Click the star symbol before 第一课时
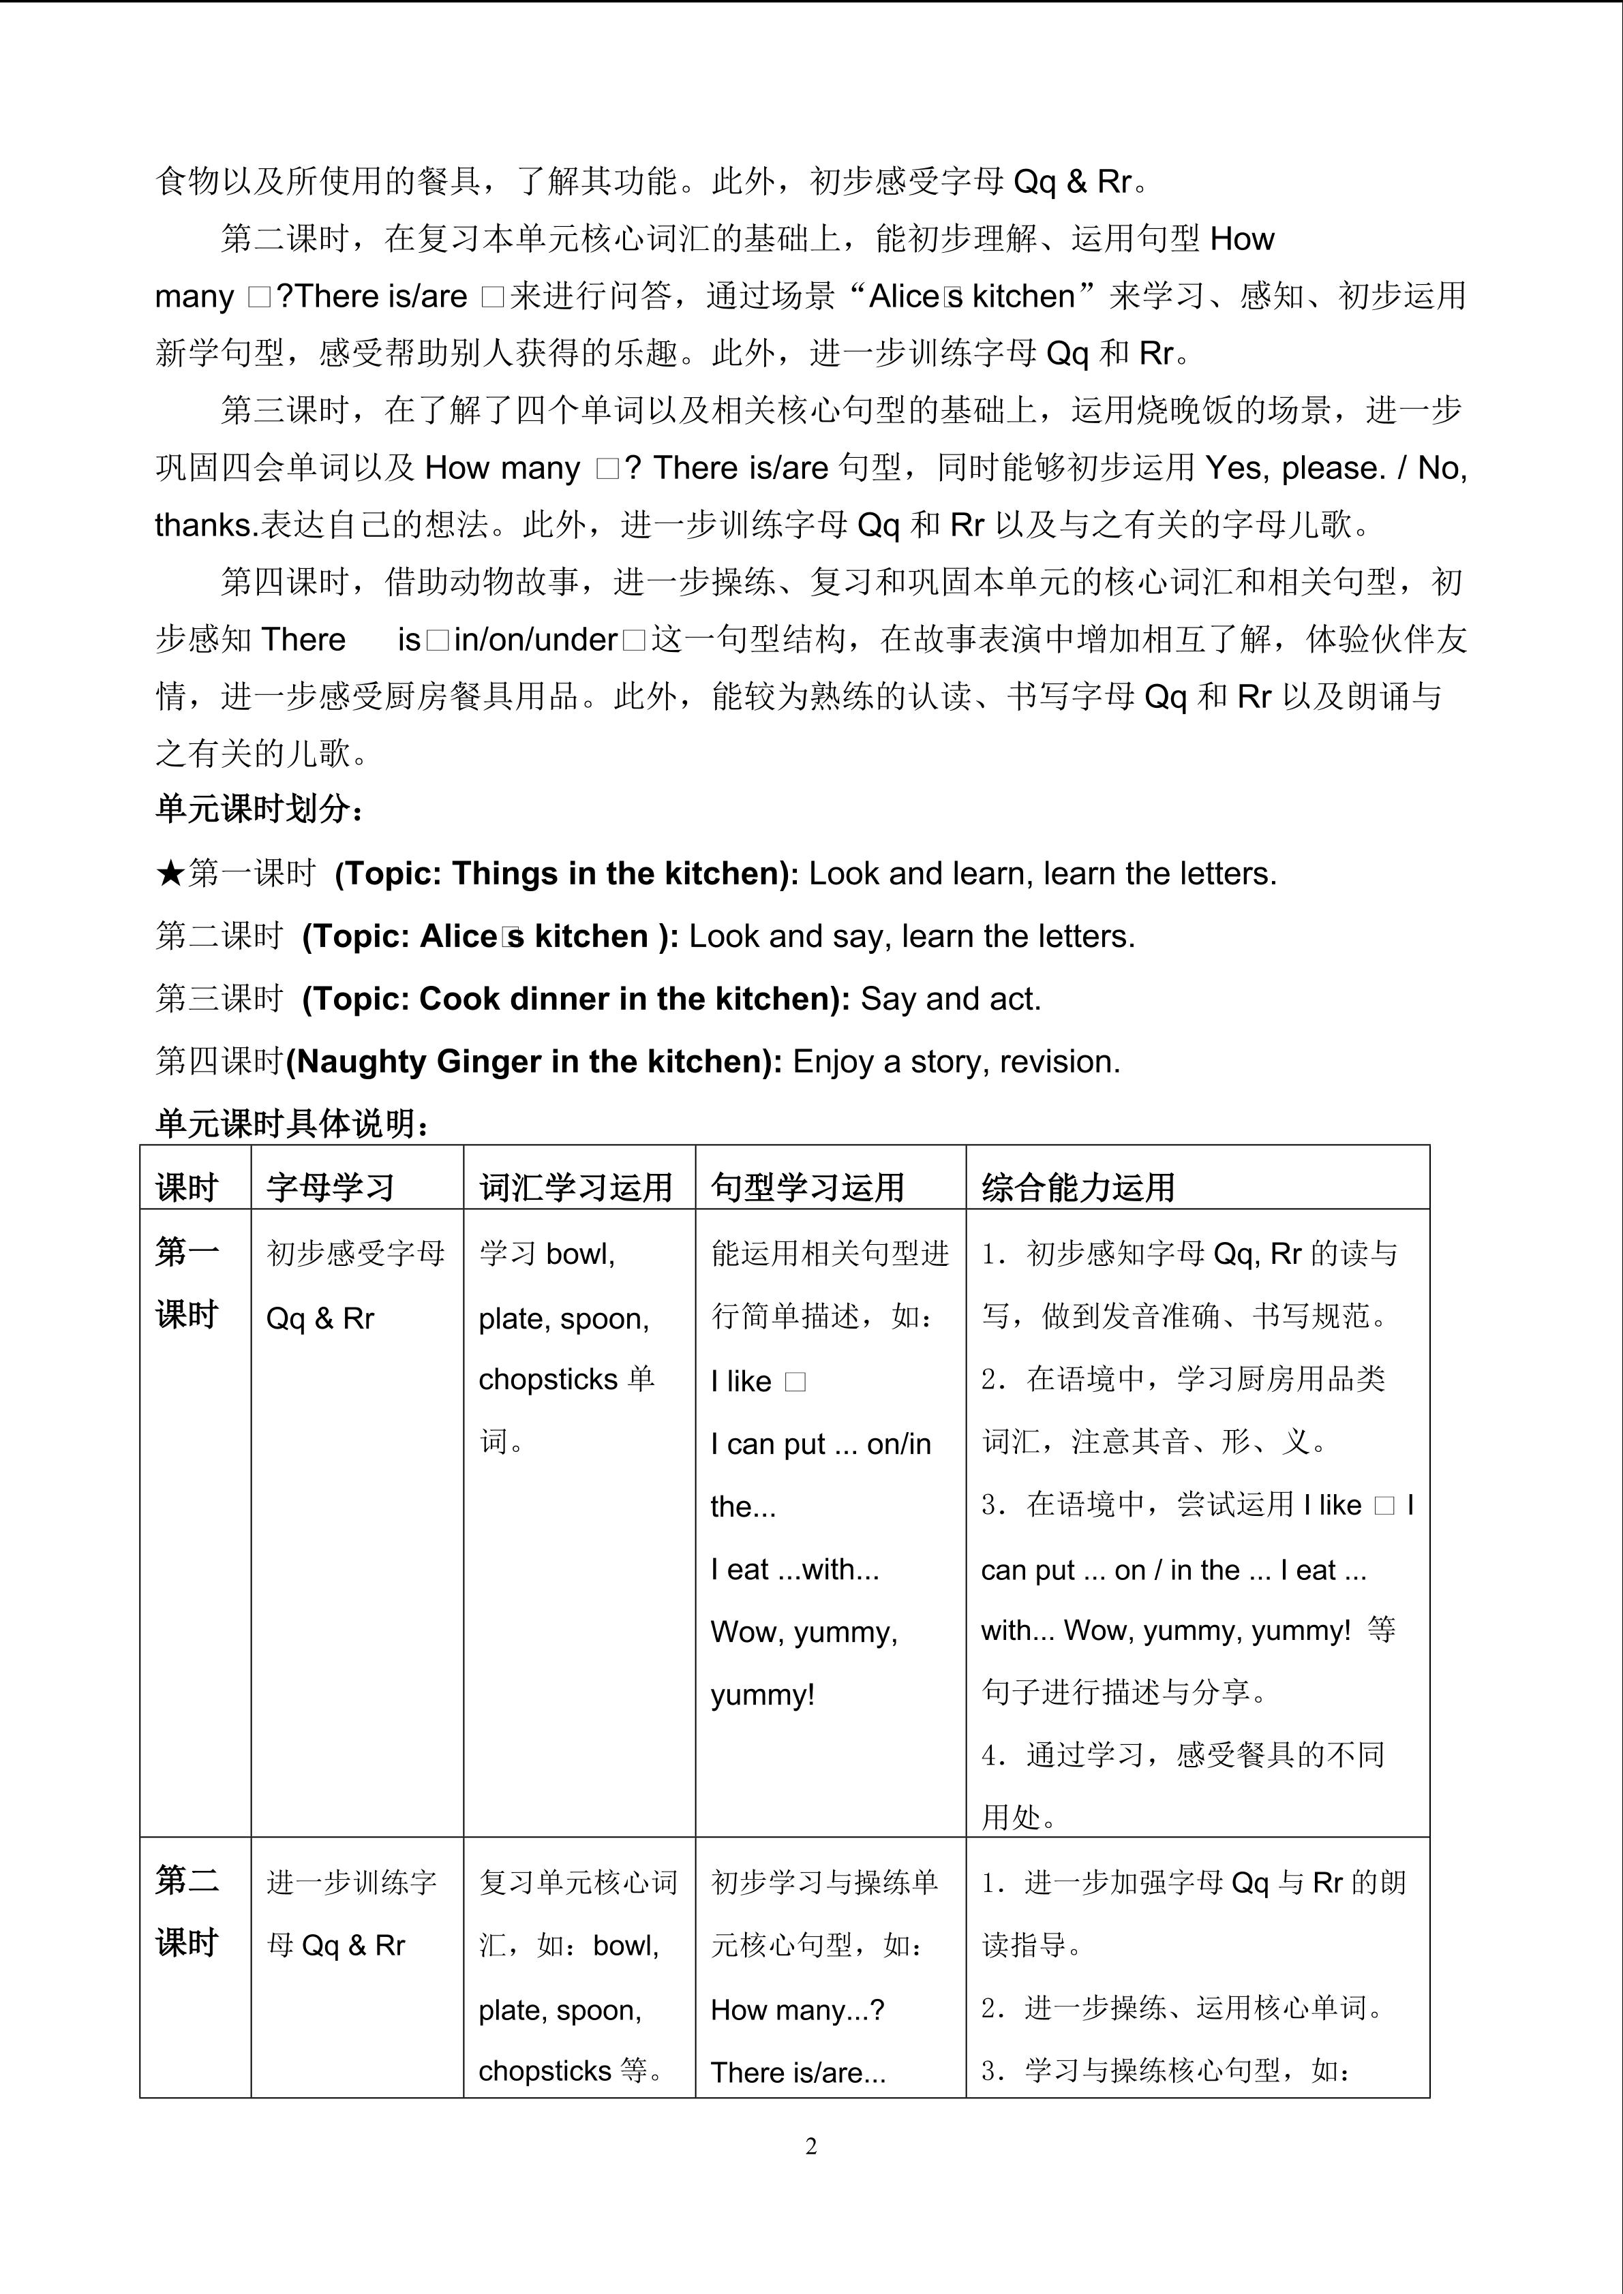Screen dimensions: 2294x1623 [170, 874]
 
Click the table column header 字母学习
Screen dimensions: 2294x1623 [330, 1187]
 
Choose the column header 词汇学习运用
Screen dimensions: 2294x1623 [575, 1187]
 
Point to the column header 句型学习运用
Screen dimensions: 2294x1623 [808, 1187]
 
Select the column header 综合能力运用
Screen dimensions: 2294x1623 [1077, 1187]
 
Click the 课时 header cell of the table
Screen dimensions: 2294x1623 [187, 1187]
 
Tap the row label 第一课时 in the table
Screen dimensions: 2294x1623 [187, 1283]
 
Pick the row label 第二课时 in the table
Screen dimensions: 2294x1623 [187, 1912]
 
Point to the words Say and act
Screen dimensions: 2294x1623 [950, 999]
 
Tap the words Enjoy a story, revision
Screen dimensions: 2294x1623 [956, 1061]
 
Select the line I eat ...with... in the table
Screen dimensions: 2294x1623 [795, 1570]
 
